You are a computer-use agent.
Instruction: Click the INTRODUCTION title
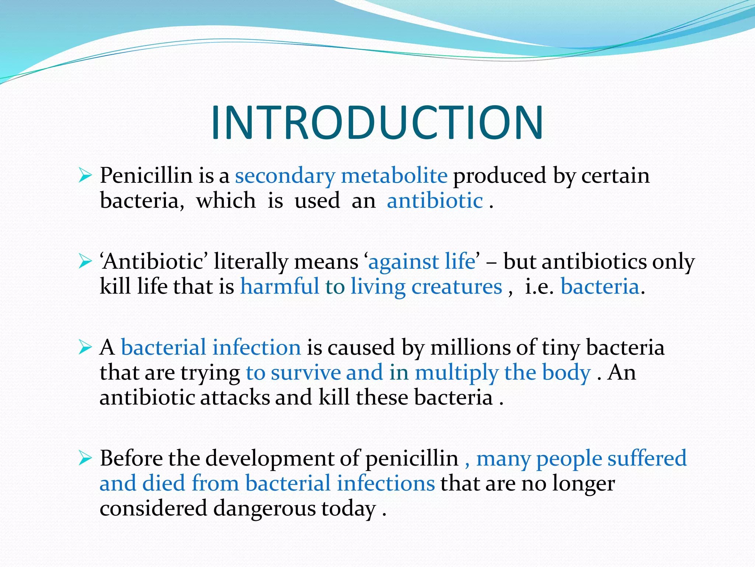point(377,123)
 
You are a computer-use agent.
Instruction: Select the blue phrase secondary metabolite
point(341,175)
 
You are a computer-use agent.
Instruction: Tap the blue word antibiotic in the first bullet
point(435,201)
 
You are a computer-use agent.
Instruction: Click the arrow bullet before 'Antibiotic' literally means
point(85,262)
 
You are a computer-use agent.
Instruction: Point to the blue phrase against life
point(422,262)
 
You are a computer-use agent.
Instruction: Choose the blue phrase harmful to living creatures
point(371,287)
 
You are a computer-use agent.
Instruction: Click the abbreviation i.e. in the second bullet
point(539,287)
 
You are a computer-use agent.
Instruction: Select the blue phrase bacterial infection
point(211,348)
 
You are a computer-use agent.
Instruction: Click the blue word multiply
point(456,373)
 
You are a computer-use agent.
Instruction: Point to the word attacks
point(235,398)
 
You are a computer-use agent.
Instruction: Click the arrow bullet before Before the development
point(85,459)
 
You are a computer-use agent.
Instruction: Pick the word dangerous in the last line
point(264,509)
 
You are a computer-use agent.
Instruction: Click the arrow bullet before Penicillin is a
point(85,176)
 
